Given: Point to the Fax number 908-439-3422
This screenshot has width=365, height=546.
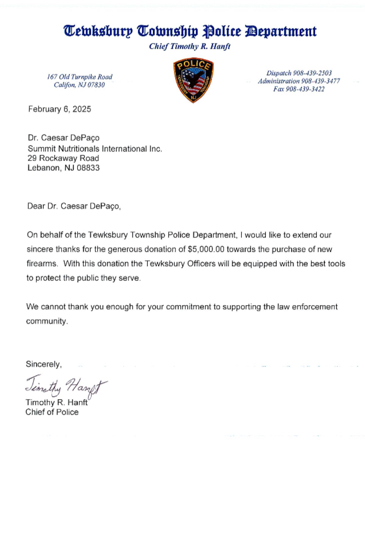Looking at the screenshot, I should [x=299, y=89].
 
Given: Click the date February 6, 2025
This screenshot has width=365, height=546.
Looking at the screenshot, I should [x=59, y=109].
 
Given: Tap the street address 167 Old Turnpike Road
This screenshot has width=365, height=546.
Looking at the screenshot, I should [x=80, y=77].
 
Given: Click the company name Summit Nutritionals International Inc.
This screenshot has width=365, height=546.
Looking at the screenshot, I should [x=95, y=148].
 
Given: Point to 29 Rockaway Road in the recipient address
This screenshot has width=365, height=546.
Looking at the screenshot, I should [x=63, y=158].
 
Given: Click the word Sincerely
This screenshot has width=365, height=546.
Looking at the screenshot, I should [x=44, y=364].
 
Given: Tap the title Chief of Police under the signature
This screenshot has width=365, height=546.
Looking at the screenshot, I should [x=52, y=412].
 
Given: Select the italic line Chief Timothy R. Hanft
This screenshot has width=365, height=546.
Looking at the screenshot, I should [x=189, y=46].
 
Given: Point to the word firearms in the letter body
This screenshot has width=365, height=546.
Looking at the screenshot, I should [x=42, y=264].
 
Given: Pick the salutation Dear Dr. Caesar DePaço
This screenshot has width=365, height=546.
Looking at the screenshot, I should [x=74, y=206].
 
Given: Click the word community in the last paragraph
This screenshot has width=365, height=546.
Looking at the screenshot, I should [x=46, y=321].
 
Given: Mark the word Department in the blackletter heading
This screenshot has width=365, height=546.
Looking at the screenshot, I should [x=281, y=31].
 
